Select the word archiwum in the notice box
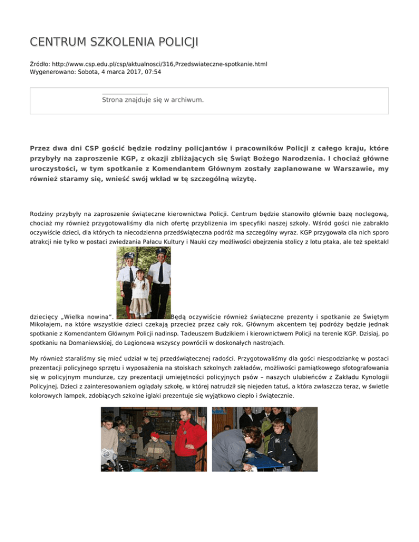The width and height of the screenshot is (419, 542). tap(187, 100)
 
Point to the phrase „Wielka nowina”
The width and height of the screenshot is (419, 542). tap(87, 316)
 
